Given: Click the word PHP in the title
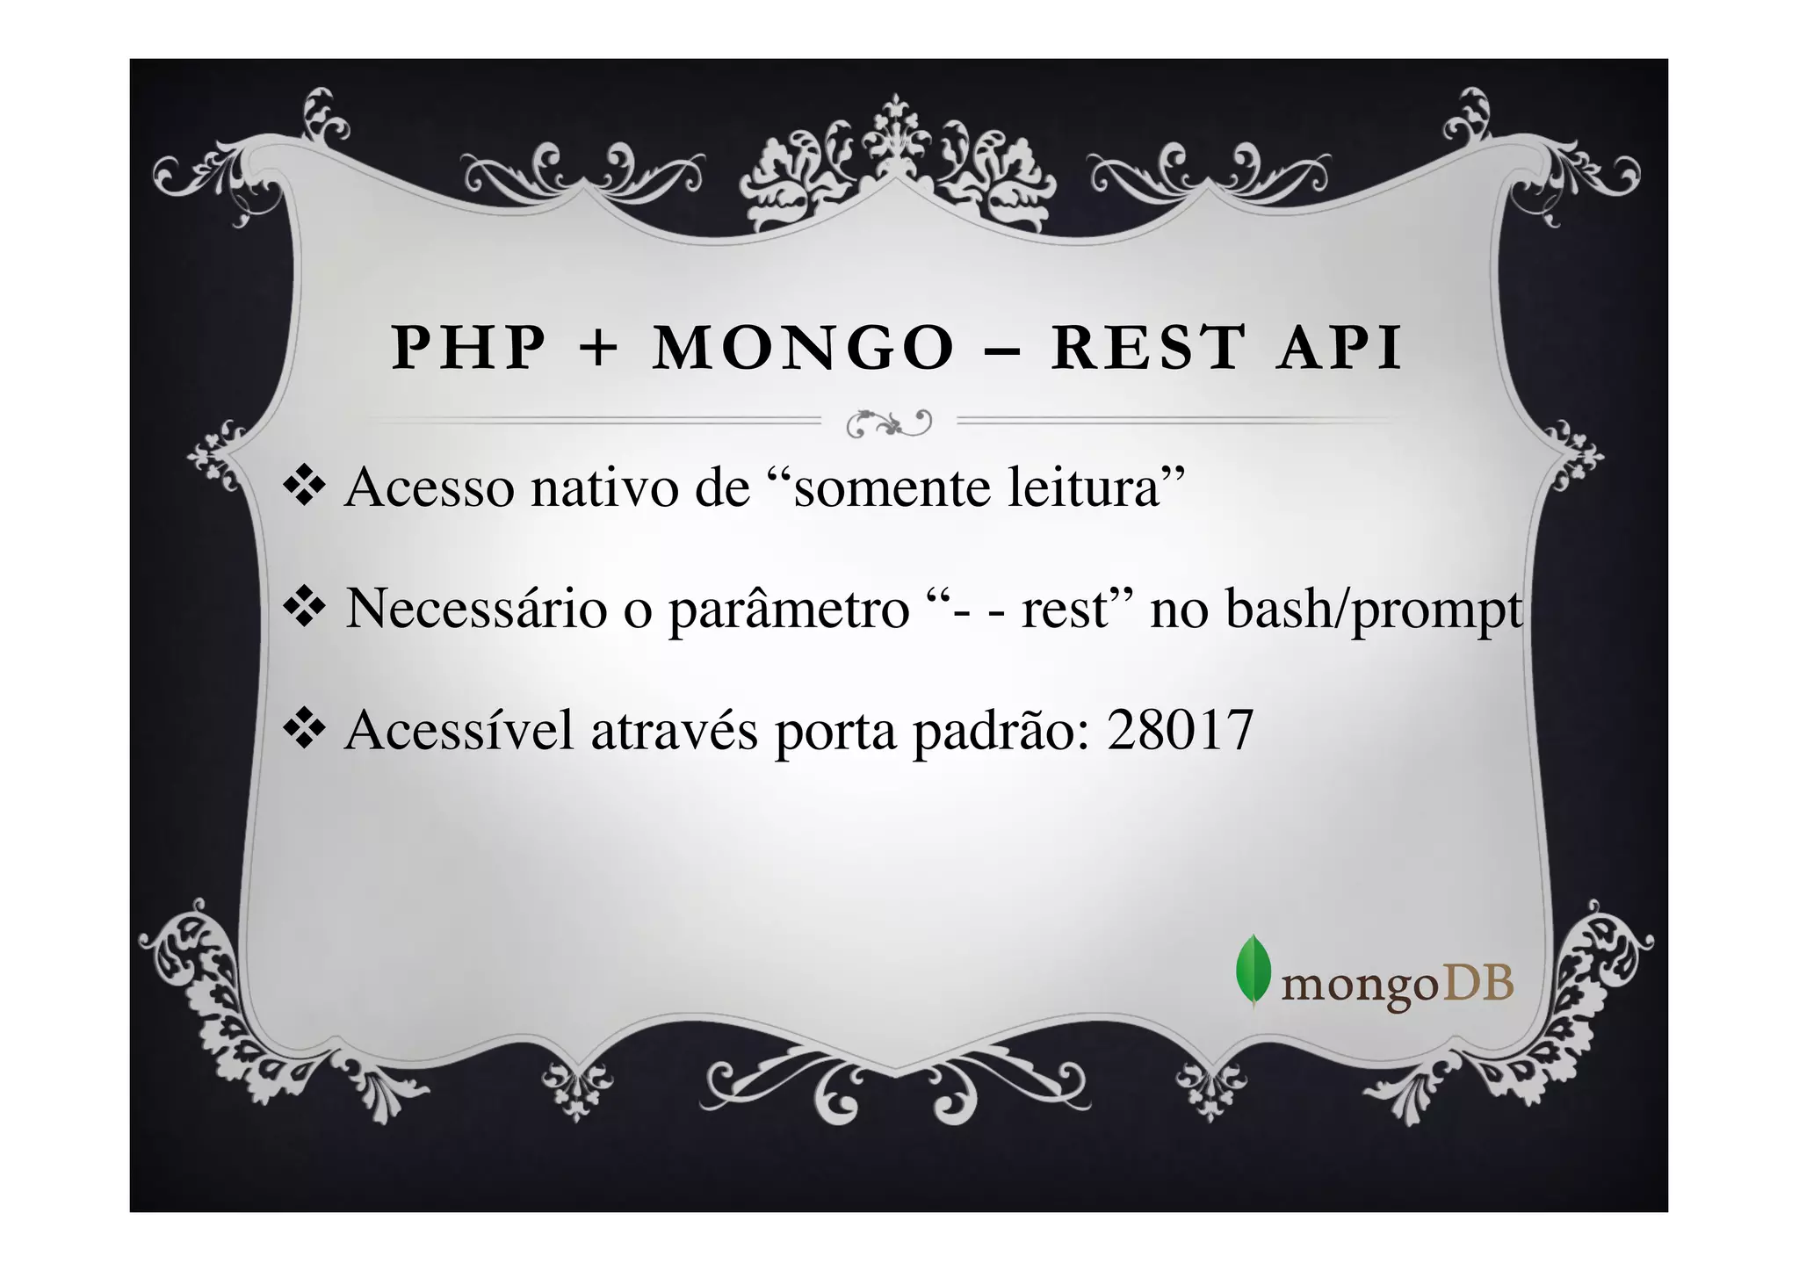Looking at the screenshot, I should tap(468, 348).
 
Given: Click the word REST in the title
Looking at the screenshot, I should tap(1149, 348).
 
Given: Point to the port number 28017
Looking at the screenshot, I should tap(1179, 731).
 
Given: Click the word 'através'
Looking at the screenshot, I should tap(674, 731).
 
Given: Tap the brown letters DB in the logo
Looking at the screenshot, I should tap(1478, 985).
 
